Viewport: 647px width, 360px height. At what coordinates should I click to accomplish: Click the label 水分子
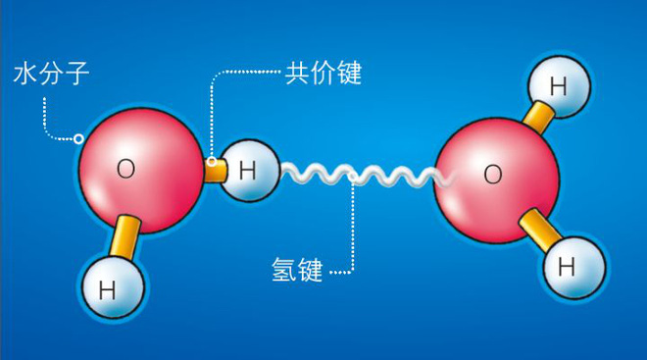click(x=51, y=74)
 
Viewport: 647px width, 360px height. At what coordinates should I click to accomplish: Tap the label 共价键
click(x=323, y=73)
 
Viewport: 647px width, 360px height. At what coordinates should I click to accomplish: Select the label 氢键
click(x=297, y=270)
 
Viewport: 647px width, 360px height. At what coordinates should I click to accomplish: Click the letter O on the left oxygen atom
click(x=125, y=169)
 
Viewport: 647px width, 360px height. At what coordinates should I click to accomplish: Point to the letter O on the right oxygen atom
click(x=493, y=174)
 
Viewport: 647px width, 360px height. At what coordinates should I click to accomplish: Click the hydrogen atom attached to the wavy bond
click(x=249, y=171)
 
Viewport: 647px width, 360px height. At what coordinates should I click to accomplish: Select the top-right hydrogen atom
click(x=559, y=87)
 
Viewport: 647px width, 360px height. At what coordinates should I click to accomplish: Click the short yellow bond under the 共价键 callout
click(x=216, y=171)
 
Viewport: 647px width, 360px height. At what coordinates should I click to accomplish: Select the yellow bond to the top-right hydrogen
click(x=538, y=117)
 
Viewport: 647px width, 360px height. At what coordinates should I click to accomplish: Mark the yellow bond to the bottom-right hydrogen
click(x=539, y=230)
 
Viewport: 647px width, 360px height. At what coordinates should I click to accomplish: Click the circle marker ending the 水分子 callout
click(x=78, y=138)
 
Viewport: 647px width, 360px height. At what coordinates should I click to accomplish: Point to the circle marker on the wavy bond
click(x=352, y=178)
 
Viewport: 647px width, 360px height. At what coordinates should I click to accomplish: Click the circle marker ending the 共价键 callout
click(x=212, y=162)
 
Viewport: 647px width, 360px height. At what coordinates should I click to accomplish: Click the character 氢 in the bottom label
click(x=284, y=270)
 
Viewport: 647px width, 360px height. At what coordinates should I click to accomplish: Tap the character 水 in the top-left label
click(x=25, y=74)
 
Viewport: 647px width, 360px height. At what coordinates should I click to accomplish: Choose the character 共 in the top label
click(x=297, y=73)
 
